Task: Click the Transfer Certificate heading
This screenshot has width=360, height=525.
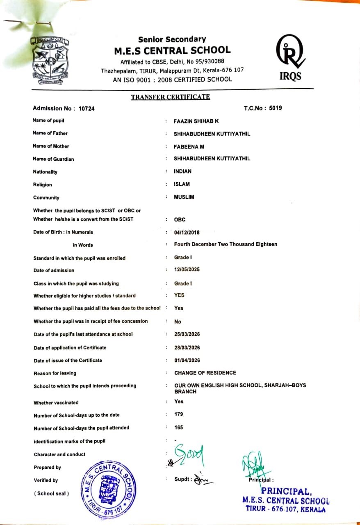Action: point(170,97)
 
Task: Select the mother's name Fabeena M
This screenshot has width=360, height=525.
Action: point(189,146)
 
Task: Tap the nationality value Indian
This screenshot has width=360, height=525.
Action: point(182,171)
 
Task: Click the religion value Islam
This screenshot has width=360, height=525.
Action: point(182,184)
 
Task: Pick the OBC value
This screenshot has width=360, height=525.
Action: point(180,219)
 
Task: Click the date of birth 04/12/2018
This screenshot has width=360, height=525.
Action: point(187,233)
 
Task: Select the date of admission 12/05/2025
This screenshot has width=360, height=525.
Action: point(187,269)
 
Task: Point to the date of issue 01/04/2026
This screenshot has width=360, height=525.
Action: point(187,361)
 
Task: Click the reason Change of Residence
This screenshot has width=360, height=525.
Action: point(205,373)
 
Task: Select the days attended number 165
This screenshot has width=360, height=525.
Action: point(178,427)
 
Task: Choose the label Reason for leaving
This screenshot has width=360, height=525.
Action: point(55,373)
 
